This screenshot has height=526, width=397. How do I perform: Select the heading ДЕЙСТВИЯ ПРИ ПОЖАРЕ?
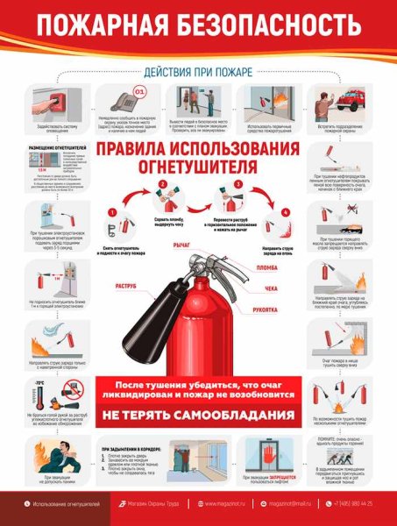tap(198, 72)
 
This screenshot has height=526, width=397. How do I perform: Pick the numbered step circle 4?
tap(285, 212)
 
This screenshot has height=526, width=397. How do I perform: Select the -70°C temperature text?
tap(39, 384)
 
